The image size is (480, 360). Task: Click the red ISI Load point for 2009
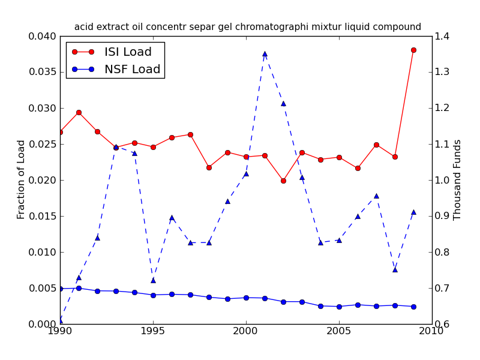(x=413, y=50)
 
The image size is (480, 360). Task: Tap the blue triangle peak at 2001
(x=265, y=53)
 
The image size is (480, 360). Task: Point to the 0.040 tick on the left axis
(x=42, y=37)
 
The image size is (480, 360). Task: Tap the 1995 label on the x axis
(x=153, y=331)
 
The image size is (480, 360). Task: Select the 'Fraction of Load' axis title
(x=22, y=179)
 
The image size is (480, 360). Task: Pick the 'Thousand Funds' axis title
(x=458, y=179)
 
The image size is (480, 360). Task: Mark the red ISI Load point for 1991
(x=79, y=112)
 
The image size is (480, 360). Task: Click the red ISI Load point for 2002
(x=283, y=181)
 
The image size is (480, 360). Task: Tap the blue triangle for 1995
(x=153, y=280)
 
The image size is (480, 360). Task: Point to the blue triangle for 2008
(x=395, y=269)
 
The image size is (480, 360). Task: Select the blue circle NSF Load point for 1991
(x=79, y=288)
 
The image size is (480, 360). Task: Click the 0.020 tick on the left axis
(x=42, y=180)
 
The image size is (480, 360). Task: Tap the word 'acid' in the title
(x=83, y=27)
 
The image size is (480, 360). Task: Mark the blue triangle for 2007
(x=376, y=196)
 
